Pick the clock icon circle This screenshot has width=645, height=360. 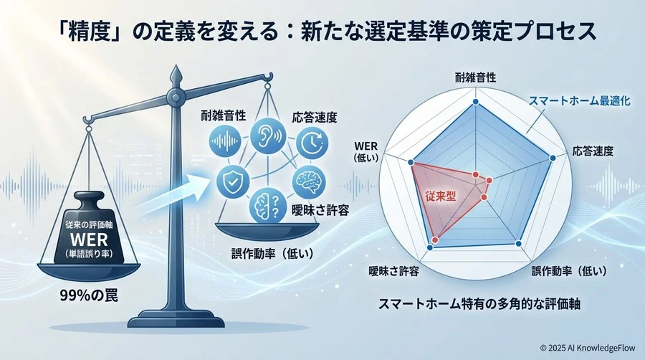tap(310, 141)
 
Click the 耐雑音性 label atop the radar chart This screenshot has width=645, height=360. tap(476, 77)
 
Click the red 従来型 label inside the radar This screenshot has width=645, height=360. tap(439, 194)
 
